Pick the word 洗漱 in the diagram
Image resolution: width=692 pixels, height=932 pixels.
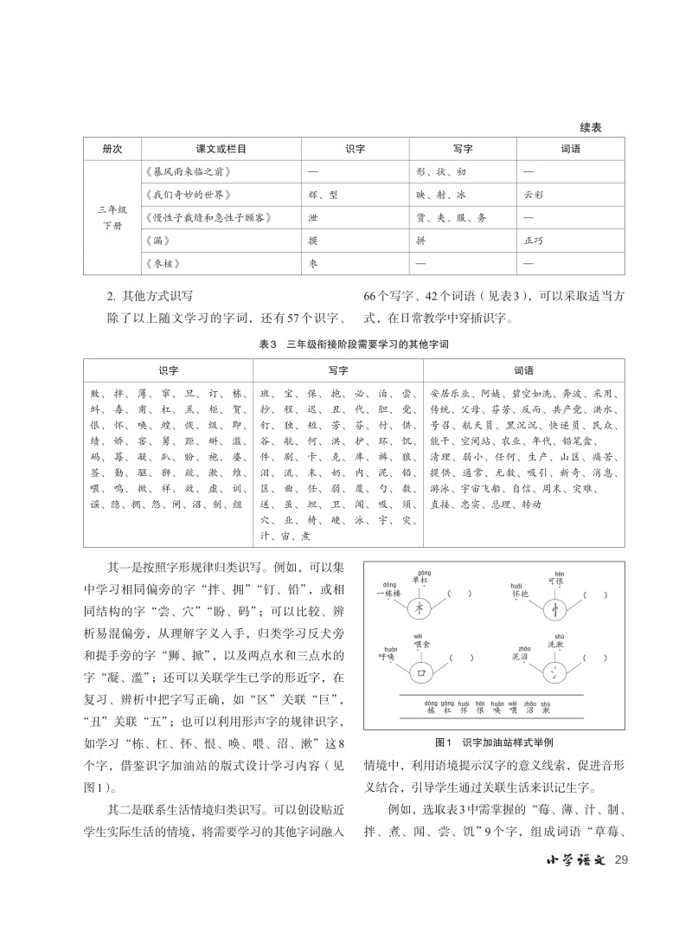[x=555, y=645]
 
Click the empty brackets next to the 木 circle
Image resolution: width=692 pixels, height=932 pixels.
[x=459, y=595]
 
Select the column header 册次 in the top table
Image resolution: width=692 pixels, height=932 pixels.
[x=112, y=149]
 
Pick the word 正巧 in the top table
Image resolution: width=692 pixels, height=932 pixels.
[x=534, y=239]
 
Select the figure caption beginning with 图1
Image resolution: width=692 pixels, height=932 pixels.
[x=495, y=742]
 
